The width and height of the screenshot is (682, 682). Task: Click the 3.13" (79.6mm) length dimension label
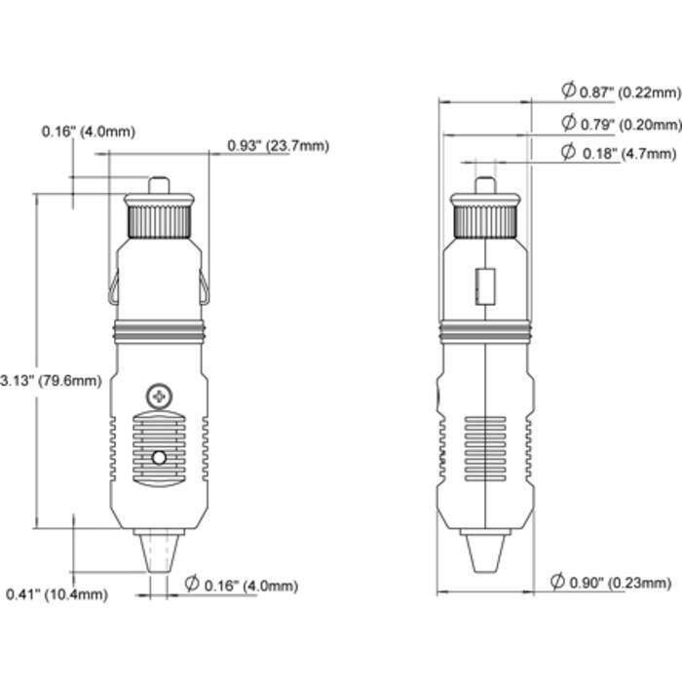[x=51, y=381]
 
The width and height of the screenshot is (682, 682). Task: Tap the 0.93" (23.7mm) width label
[x=279, y=146]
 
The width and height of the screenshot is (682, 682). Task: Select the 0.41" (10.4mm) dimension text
[x=57, y=594]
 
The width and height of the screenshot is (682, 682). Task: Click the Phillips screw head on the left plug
[x=159, y=397]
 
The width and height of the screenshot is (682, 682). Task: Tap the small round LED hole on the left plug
[x=159, y=458]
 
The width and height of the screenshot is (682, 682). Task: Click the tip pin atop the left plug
[x=159, y=185]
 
